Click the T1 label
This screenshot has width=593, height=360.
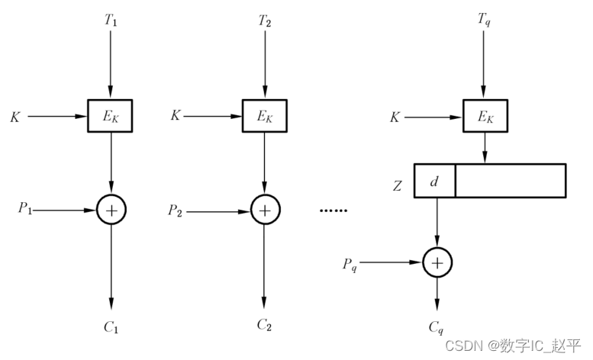pyautogui.click(x=111, y=21)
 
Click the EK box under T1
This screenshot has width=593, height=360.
pyautogui.click(x=111, y=116)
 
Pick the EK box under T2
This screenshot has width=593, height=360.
pyautogui.click(x=264, y=116)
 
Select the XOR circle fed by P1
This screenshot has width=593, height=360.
pyautogui.click(x=111, y=209)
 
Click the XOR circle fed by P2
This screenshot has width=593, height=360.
pyautogui.click(x=264, y=209)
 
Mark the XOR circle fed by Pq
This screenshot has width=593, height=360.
pyautogui.click(x=437, y=263)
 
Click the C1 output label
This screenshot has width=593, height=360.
pyautogui.click(x=111, y=327)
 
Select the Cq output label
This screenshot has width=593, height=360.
pyautogui.click(x=436, y=327)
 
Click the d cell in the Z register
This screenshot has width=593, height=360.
pyautogui.click(x=434, y=181)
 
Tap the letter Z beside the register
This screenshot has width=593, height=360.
pyautogui.click(x=397, y=184)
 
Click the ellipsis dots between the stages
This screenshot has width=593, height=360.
pyautogui.click(x=333, y=210)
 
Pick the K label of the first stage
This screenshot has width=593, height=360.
pyautogui.click(x=15, y=117)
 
